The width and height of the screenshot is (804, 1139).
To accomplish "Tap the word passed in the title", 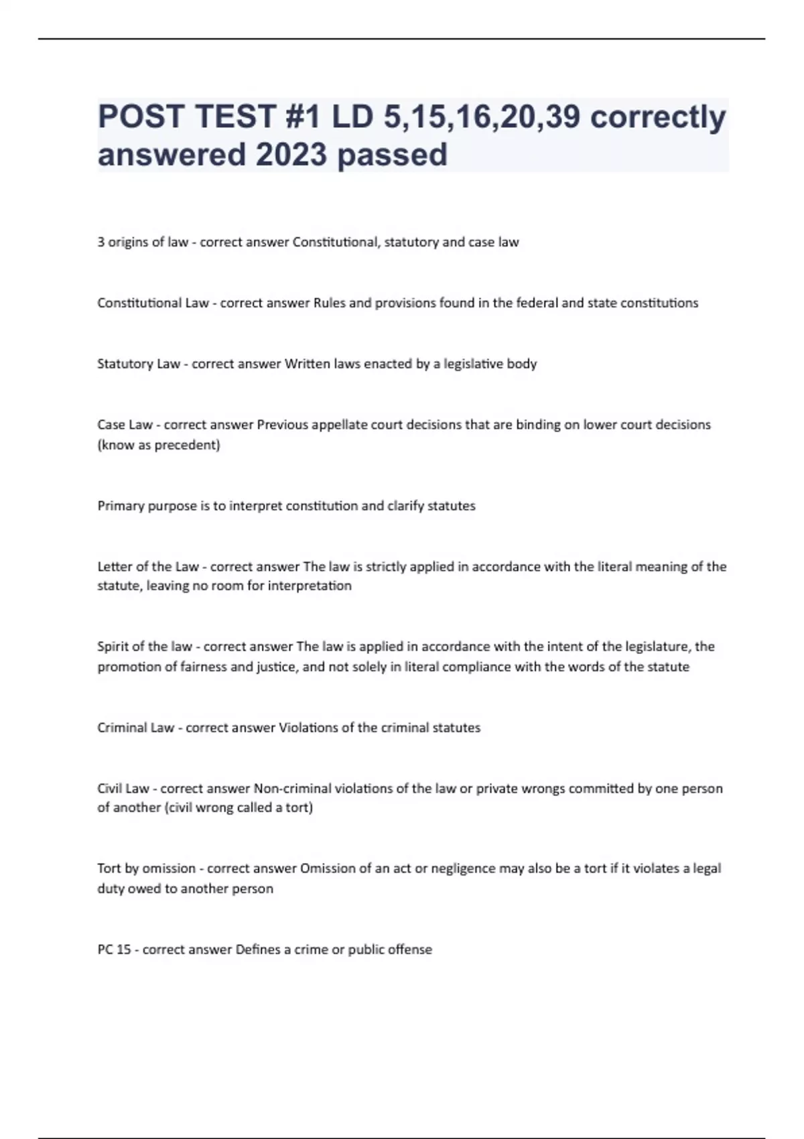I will click(x=392, y=155).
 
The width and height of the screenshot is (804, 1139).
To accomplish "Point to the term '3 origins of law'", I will click(x=143, y=242).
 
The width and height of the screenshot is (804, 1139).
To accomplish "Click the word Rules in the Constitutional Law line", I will click(x=330, y=303).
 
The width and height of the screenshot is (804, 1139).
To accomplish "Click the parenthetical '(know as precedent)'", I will click(x=159, y=445).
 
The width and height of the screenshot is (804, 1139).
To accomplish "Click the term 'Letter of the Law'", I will click(x=148, y=567).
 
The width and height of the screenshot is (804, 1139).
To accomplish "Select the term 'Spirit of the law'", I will click(x=145, y=647).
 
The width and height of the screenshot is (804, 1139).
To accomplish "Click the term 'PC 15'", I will click(x=115, y=949).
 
